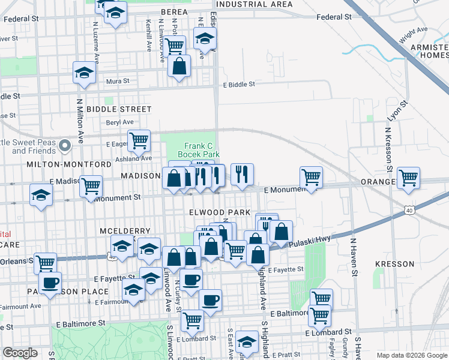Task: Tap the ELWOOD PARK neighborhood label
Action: (215, 212)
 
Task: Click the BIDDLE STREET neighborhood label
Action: (119, 109)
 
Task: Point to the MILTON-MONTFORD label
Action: (69, 164)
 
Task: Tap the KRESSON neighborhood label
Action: (394, 264)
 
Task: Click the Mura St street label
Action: (118, 81)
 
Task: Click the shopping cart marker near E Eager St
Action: (139, 140)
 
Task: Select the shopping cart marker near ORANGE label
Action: (408, 177)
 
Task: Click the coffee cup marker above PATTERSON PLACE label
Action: (50, 281)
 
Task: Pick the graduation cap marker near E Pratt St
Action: (246, 341)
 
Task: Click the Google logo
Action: (20, 353)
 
